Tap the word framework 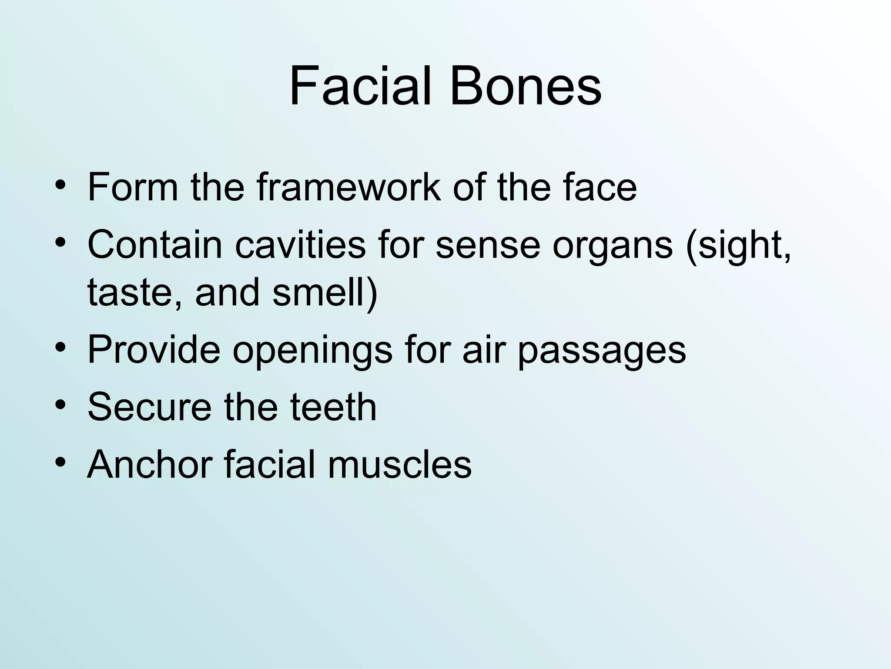[348, 187]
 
